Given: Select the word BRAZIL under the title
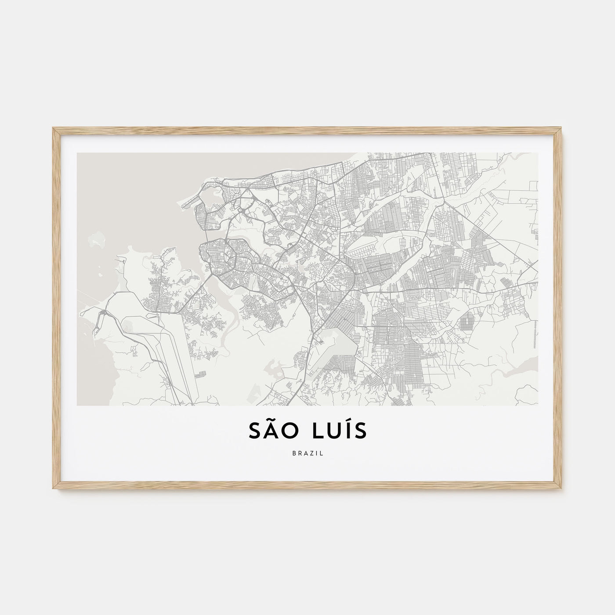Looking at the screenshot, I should pyautogui.click(x=307, y=454).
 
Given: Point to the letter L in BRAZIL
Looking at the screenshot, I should pyautogui.click(x=322, y=454).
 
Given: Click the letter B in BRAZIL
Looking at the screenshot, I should pyautogui.click(x=293, y=454).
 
